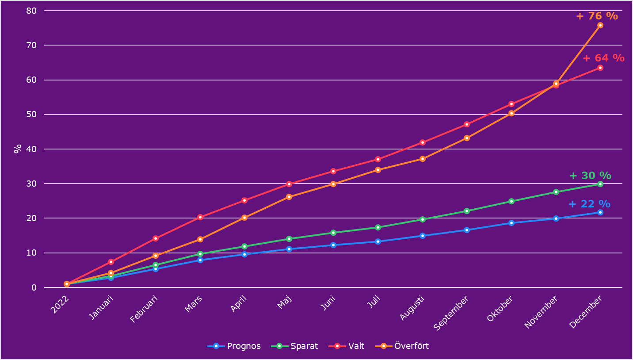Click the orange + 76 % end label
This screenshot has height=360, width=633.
click(597, 16)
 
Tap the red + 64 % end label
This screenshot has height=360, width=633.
click(603, 58)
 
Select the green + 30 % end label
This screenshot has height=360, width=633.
click(590, 176)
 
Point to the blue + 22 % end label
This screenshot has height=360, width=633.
click(589, 204)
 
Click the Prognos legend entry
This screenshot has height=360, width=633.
click(234, 346)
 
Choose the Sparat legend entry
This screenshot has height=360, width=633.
click(294, 346)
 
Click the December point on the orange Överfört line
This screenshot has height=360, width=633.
click(600, 25)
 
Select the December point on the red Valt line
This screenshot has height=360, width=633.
click(600, 68)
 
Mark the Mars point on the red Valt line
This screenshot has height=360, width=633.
click(200, 217)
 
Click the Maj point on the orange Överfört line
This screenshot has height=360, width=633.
click(289, 197)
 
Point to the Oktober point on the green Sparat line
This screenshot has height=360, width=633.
click(511, 201)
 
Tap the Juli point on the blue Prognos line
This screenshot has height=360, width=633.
click(378, 241)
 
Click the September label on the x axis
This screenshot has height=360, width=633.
click(451, 314)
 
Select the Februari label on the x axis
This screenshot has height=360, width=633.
click(144, 310)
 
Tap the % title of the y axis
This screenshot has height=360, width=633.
click(18, 149)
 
